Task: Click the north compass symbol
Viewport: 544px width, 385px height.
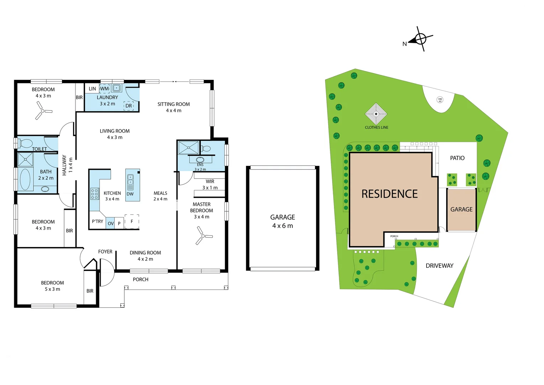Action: point(420,38)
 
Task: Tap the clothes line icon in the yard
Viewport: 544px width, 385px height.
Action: point(376,114)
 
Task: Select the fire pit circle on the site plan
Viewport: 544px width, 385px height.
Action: point(440,100)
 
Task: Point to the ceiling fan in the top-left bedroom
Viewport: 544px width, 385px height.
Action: point(43,111)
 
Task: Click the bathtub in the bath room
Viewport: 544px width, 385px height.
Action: point(25,179)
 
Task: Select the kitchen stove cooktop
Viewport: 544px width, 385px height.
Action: point(94,194)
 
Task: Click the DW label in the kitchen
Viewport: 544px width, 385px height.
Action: point(130,194)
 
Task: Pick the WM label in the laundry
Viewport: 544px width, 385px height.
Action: point(104,89)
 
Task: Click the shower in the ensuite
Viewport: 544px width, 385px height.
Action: point(188,148)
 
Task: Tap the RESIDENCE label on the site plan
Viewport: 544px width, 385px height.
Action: point(389,194)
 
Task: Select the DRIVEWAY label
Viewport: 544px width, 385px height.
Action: point(439,266)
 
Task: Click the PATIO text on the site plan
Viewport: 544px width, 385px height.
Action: point(457,158)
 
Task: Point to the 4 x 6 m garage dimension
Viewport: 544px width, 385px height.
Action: point(282,226)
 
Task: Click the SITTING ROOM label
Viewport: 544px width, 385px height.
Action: point(173,104)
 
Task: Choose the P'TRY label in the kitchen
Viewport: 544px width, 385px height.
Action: point(97,221)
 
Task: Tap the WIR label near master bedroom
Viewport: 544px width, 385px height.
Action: point(210,181)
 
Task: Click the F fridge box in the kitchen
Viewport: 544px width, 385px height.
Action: point(132,221)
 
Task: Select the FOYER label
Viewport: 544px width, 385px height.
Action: point(105,252)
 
